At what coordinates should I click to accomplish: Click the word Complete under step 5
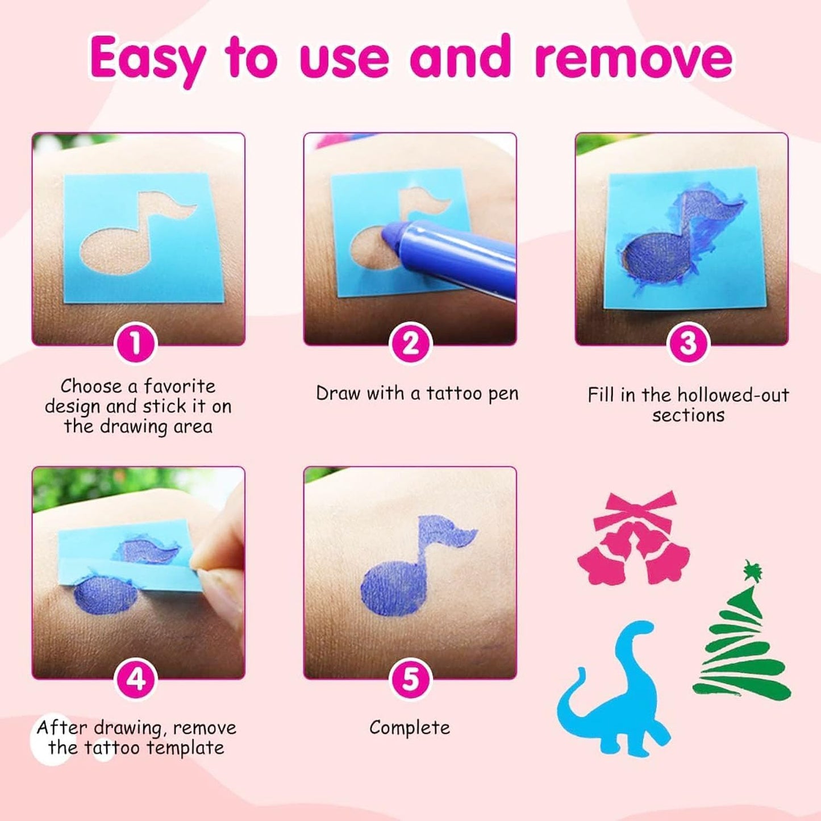410,728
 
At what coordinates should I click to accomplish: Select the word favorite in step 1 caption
180,386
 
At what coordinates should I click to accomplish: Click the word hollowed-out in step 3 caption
733,395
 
